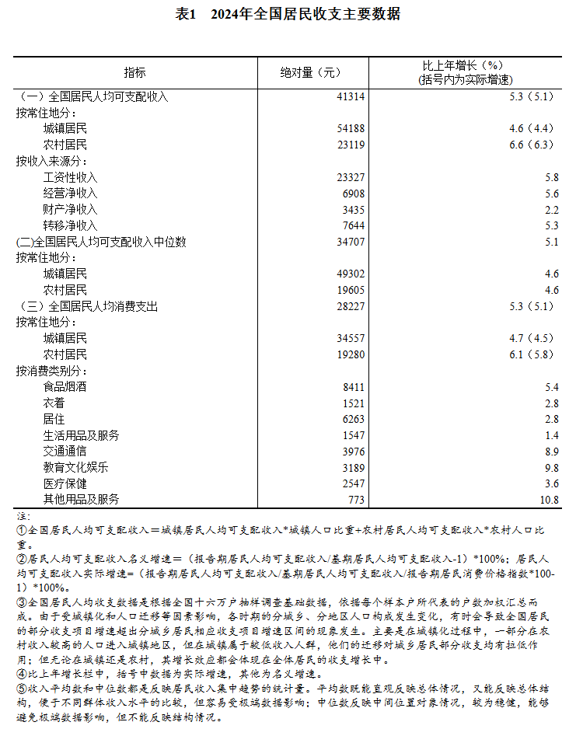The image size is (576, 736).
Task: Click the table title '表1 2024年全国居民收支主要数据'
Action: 288,14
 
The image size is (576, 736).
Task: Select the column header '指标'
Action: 134,72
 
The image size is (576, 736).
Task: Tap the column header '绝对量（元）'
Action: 310,72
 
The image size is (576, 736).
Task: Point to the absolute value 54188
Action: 350,128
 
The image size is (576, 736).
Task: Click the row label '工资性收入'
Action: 70,177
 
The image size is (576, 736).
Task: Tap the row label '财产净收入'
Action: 70,210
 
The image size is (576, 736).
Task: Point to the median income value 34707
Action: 350,242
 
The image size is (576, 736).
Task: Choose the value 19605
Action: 350,290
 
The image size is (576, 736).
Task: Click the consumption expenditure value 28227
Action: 350,306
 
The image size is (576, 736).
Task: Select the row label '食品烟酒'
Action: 65,386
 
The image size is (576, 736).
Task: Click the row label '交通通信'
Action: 65,451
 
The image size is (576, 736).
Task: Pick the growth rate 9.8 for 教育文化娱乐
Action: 552,467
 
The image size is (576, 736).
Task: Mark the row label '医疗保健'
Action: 65,483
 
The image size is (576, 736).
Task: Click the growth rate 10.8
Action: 550,499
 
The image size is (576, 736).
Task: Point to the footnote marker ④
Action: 22,673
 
